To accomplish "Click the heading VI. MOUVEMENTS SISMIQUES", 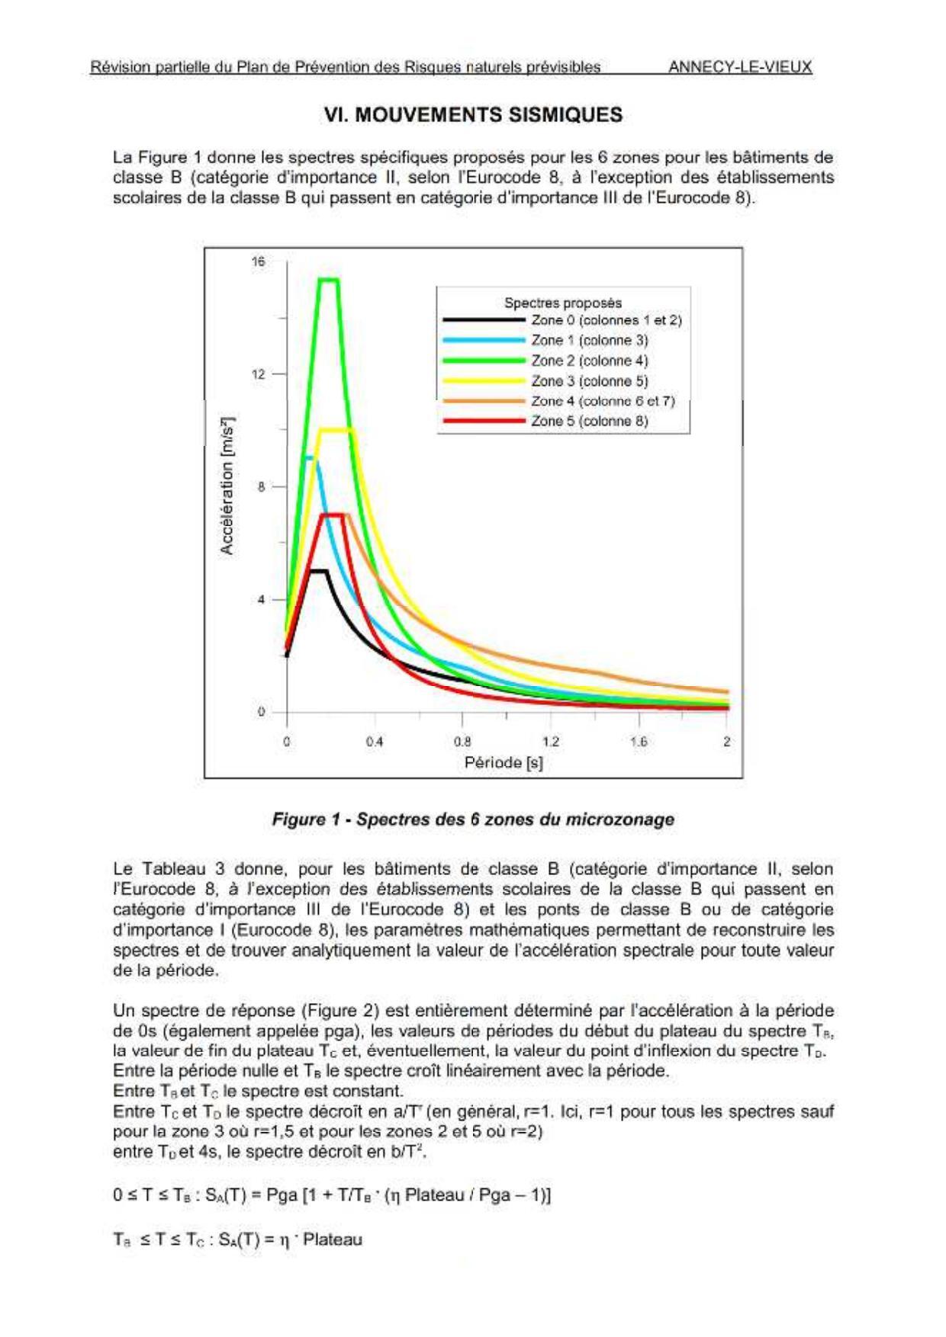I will [x=473, y=115].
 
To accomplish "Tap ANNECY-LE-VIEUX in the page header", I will [x=740, y=67].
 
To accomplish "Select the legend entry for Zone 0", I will [x=606, y=320].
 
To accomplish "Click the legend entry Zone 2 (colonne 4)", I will [x=589, y=361].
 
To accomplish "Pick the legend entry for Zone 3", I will [x=589, y=381].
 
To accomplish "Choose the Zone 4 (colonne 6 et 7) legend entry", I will [x=603, y=401].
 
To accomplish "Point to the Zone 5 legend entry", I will [x=589, y=421].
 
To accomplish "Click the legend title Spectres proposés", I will [x=563, y=303].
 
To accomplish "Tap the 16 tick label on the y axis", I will [x=258, y=262].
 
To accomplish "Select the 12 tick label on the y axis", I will [x=258, y=374].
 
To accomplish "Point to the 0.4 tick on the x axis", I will [x=374, y=742].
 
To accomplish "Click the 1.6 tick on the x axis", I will [x=639, y=742].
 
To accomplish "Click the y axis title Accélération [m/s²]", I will [x=227, y=486].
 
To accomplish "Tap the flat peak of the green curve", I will [x=328, y=280].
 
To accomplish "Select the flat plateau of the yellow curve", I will [x=336, y=430].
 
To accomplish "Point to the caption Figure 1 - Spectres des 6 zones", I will [x=473, y=819].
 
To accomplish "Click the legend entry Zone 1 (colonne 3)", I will [x=589, y=340].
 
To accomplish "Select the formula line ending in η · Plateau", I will [x=237, y=1239].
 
